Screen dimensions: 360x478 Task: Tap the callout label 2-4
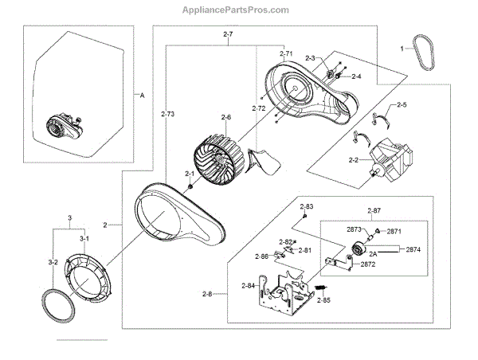[x=355, y=76]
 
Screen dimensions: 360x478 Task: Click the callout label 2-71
[x=288, y=53]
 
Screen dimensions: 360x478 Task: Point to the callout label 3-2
[x=53, y=260]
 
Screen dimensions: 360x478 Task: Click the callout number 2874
[x=413, y=249]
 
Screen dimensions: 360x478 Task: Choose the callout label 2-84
[x=248, y=285]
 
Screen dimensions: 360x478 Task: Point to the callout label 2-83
[x=308, y=207]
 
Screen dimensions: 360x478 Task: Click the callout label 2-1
[x=190, y=174]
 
